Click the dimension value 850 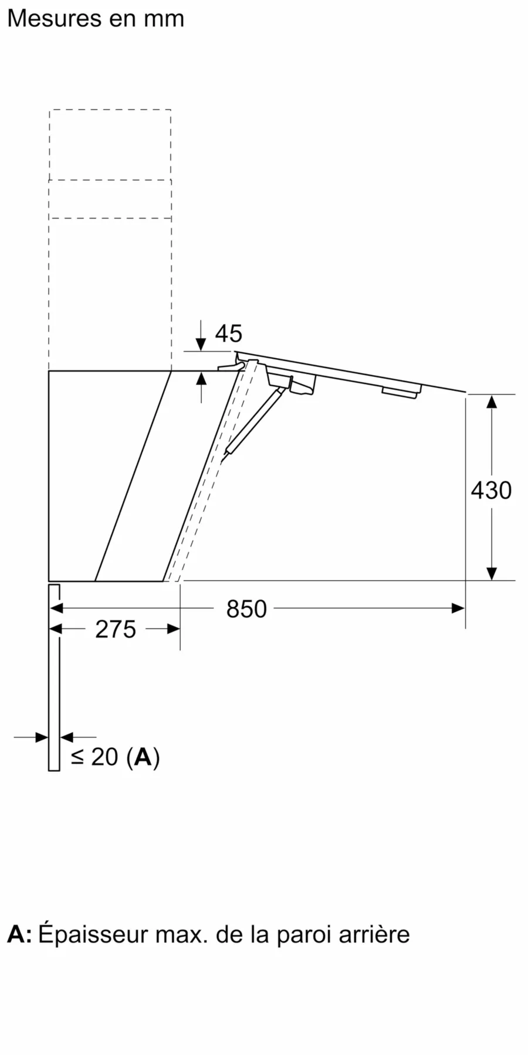246,609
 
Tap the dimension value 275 116,629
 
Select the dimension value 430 491,490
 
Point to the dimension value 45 228,333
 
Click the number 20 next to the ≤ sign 105,757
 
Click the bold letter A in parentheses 143,757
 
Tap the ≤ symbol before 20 77,757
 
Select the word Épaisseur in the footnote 93,934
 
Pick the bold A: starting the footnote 19,934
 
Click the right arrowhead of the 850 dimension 458,608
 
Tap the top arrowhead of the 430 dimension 492,401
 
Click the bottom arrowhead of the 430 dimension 492,573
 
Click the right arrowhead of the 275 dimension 173,629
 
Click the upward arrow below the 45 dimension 201,380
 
